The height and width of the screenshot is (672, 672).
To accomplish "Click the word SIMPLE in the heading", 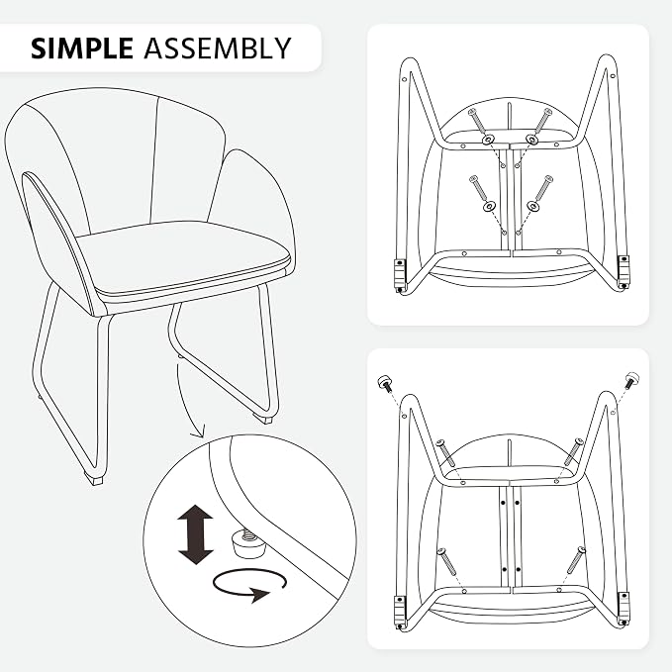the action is click(x=81, y=48).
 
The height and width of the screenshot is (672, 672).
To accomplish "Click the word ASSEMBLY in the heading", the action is click(x=218, y=48).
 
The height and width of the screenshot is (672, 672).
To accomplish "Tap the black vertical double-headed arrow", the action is click(x=195, y=534).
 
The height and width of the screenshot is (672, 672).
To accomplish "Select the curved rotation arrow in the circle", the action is click(x=249, y=585).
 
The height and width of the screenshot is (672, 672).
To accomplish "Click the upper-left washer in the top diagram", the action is click(x=488, y=140).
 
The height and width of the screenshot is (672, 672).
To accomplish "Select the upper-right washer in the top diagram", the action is click(x=531, y=140).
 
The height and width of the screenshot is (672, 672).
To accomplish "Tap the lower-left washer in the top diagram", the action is click(x=488, y=207).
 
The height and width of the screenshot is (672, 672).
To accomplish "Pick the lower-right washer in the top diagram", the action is click(x=532, y=206).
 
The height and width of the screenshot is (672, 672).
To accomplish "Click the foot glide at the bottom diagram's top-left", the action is click(x=384, y=382).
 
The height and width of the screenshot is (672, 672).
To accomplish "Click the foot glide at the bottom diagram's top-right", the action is click(x=631, y=380).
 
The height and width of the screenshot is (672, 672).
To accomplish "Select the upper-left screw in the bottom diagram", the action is click(x=444, y=453).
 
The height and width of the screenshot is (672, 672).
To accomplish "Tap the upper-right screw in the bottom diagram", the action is click(x=573, y=451).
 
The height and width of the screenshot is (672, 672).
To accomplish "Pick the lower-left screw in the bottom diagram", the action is click(x=445, y=561).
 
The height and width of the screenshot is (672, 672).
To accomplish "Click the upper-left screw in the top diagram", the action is click(x=477, y=121).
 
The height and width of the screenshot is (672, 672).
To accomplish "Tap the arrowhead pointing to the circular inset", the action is click(x=199, y=432).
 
